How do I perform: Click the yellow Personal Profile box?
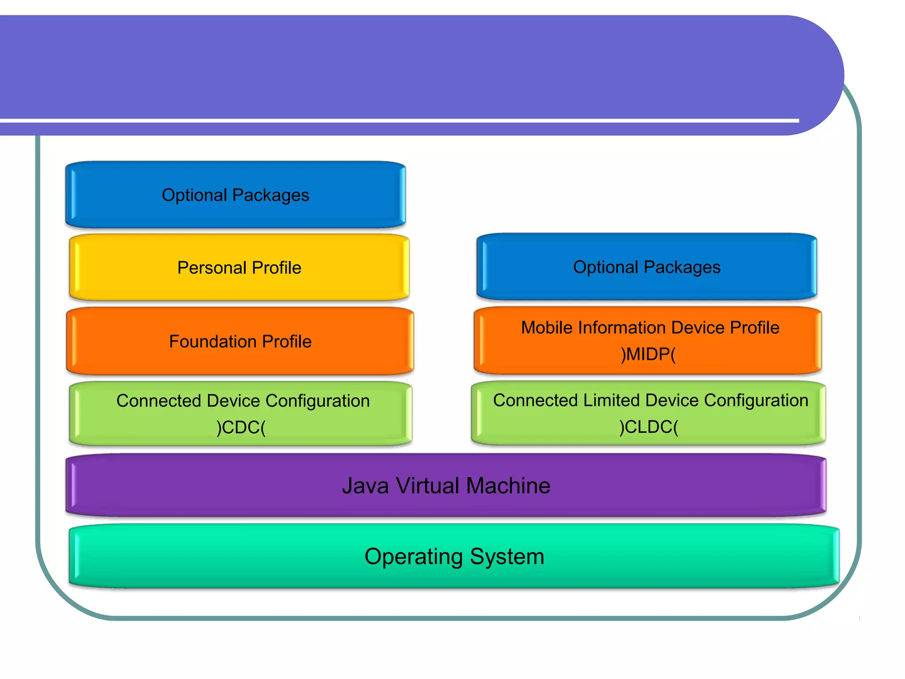239,268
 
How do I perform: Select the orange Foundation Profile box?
240,341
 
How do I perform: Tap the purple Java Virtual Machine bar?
446,485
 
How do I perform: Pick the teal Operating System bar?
454,556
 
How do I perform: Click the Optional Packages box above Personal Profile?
236,195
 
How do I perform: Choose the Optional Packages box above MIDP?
646,267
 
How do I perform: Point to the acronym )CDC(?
241,427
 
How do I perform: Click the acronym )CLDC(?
648,427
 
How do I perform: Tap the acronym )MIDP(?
648,354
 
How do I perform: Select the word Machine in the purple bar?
508,485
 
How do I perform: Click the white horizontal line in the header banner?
398,120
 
